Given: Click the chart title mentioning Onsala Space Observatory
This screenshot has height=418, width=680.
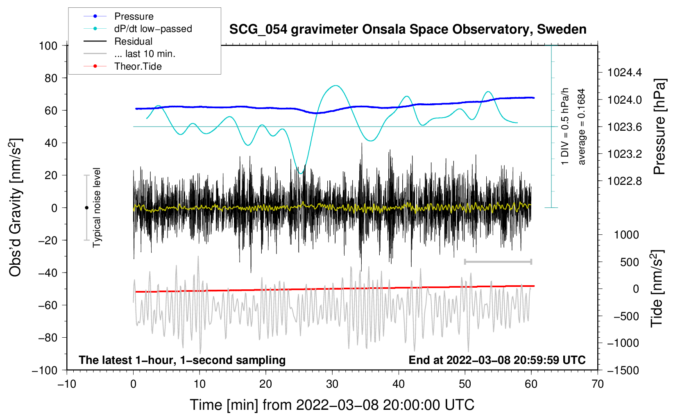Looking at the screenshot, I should click(x=408, y=30).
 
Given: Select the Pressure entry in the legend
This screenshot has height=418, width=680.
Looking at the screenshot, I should click(x=134, y=16).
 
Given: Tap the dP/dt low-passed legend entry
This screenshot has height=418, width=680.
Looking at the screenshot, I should click(x=153, y=29).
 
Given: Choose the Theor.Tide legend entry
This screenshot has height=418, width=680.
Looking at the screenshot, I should click(x=138, y=66).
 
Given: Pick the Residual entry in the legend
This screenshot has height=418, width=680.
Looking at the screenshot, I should click(x=133, y=41).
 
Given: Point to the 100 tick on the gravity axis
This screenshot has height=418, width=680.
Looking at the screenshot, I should click(x=48, y=45).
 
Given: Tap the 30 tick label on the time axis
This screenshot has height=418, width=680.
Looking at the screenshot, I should click(x=332, y=384).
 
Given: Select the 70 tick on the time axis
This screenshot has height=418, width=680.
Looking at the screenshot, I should click(x=598, y=384).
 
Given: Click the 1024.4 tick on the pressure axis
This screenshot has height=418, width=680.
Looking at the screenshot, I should click(x=624, y=73).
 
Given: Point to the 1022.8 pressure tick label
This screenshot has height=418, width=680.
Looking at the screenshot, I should click(x=624, y=181).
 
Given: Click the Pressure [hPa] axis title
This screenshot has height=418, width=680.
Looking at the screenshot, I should click(x=660, y=127).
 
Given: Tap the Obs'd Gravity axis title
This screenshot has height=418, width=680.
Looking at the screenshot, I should click(x=16, y=207).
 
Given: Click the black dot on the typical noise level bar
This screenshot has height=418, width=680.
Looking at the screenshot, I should click(x=86, y=208).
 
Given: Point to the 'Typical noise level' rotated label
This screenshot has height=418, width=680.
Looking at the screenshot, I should click(x=97, y=207).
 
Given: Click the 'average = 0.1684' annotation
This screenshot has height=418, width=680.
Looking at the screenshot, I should click(x=582, y=127).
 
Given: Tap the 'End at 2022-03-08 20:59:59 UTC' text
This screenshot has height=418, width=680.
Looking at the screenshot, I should click(x=497, y=360).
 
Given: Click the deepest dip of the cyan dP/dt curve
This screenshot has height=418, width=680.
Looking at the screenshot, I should click(x=301, y=173).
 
